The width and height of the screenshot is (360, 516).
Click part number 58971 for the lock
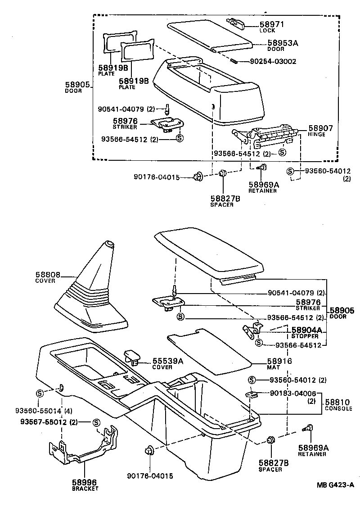coord(273,24)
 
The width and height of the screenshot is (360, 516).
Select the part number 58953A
coord(283,43)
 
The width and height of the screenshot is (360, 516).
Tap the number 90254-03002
coord(271,61)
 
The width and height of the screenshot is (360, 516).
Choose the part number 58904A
coord(306,330)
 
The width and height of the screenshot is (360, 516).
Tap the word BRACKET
coord(85,488)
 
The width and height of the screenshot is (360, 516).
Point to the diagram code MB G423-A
coord(335,484)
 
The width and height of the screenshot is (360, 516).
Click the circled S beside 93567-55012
coord(96,422)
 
